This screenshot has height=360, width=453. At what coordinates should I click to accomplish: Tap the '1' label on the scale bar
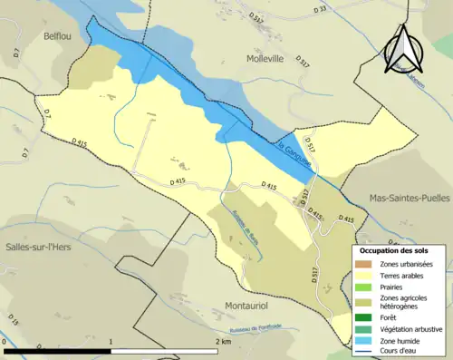point(111,341)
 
